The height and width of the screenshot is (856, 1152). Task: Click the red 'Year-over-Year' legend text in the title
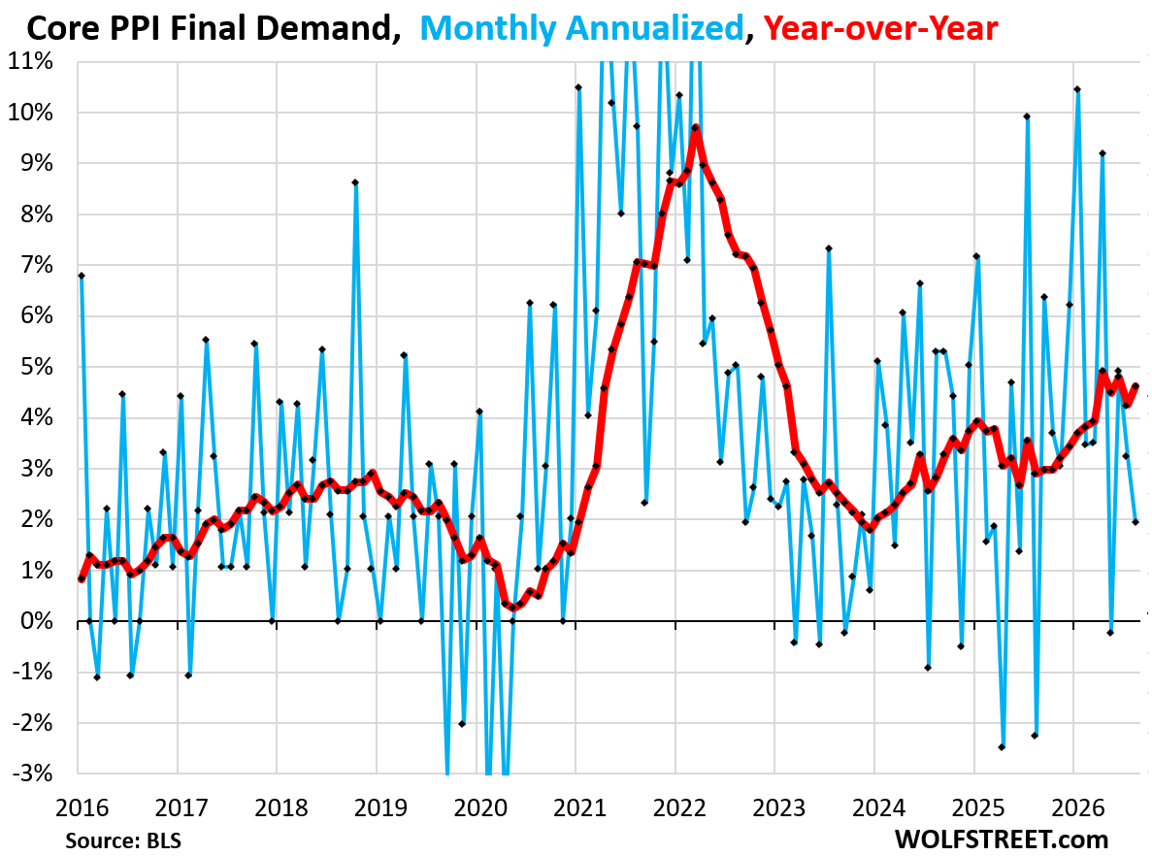click(x=880, y=29)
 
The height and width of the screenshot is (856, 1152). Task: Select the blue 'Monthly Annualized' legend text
click(x=582, y=29)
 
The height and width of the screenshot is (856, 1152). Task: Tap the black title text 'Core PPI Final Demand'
click(x=209, y=29)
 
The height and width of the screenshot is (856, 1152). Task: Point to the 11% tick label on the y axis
click(x=31, y=61)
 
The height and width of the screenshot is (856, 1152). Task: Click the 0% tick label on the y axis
click(x=37, y=621)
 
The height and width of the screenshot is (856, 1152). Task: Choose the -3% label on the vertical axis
click(x=32, y=774)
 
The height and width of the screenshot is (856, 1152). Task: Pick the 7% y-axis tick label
click(x=37, y=265)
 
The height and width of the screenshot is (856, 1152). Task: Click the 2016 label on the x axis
click(x=82, y=808)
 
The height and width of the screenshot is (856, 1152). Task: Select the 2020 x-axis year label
click(x=480, y=808)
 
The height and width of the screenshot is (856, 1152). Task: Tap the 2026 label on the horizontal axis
click(x=1078, y=808)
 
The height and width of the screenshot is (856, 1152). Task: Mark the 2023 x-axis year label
click(x=778, y=808)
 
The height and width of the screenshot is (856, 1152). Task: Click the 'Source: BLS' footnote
click(x=123, y=840)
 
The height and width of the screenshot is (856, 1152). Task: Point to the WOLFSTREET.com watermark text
click(x=1002, y=840)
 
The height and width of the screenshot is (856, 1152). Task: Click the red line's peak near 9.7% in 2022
click(x=695, y=128)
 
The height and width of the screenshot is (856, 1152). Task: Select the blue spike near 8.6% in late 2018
click(x=355, y=182)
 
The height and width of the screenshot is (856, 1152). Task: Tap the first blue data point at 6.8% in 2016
click(x=82, y=277)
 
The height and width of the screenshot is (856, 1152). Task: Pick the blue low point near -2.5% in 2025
click(x=1002, y=747)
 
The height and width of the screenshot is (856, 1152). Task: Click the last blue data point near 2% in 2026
click(x=1136, y=522)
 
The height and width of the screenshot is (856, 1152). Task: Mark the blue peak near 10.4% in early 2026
click(x=1077, y=89)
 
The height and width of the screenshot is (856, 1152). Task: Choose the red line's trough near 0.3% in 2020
click(x=512, y=608)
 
